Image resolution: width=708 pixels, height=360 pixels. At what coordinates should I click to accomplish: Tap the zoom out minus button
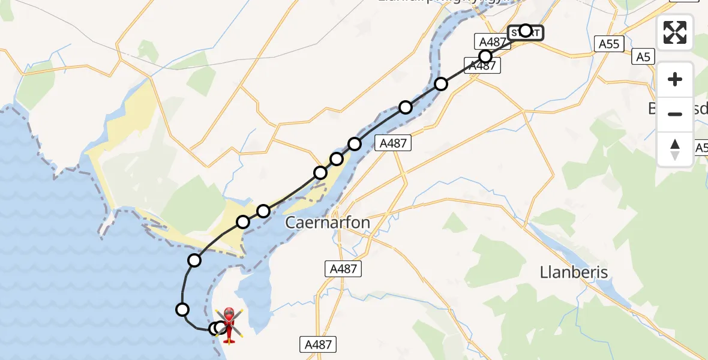click(x=675, y=114)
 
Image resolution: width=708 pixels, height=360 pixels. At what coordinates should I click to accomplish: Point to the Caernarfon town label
click(x=327, y=223)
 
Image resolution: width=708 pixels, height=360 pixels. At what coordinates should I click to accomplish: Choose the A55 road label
click(x=610, y=43)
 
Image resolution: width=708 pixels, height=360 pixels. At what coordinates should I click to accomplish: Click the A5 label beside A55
click(x=643, y=57)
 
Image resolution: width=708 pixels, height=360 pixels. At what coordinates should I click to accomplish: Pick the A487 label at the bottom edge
click(x=318, y=344)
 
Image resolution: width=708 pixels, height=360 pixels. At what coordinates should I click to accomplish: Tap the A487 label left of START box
click(x=491, y=41)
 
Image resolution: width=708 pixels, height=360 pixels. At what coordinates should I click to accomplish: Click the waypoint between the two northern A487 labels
click(x=485, y=56)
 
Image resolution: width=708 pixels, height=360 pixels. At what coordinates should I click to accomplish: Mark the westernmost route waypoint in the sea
click(x=182, y=310)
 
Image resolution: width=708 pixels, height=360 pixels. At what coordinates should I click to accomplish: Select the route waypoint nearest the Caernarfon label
click(x=263, y=211)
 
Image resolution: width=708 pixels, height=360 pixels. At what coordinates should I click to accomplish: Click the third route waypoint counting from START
click(x=441, y=84)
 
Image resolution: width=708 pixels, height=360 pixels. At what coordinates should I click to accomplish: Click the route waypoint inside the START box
click(x=526, y=31)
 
